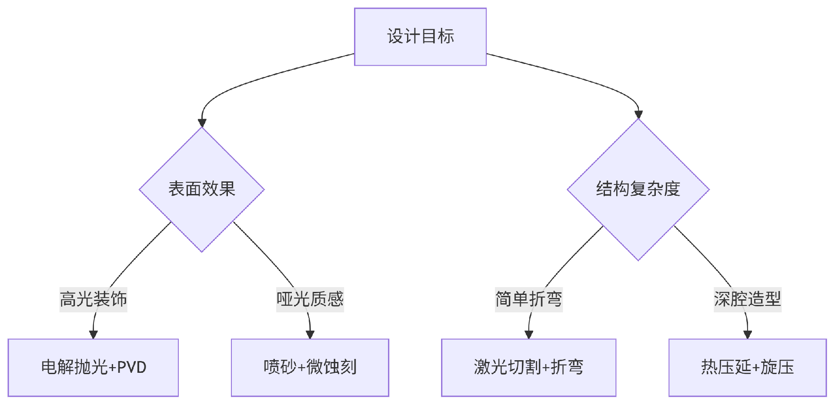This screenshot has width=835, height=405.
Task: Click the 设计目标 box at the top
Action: coord(420,37)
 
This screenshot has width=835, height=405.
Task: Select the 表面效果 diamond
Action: coord(202,189)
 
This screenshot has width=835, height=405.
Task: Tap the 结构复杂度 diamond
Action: coord(638,189)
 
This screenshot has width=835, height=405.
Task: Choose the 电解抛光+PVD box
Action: coord(93,368)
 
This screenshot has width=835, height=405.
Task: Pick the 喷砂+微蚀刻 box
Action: coord(310,368)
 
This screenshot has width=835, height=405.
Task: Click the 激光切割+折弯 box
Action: coord(528,368)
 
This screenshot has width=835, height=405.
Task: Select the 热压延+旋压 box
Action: coord(747,368)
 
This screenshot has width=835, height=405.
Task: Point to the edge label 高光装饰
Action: coord(93,299)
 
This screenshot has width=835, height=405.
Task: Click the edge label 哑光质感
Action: coord(310,299)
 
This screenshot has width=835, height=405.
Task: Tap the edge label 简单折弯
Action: coord(528,299)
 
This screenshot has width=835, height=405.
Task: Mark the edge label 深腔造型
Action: coord(747,299)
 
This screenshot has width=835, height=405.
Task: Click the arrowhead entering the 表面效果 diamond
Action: coord(202,123)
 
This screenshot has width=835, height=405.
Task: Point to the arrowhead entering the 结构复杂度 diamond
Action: coord(638,114)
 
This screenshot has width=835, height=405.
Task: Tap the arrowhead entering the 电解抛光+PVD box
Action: coord(93,335)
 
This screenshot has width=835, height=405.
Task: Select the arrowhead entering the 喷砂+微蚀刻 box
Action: coord(310,335)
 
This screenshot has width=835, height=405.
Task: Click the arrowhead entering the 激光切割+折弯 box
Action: coord(528,335)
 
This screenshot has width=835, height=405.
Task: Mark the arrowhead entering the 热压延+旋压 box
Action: coord(747,335)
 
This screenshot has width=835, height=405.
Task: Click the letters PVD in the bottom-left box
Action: coord(131,368)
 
